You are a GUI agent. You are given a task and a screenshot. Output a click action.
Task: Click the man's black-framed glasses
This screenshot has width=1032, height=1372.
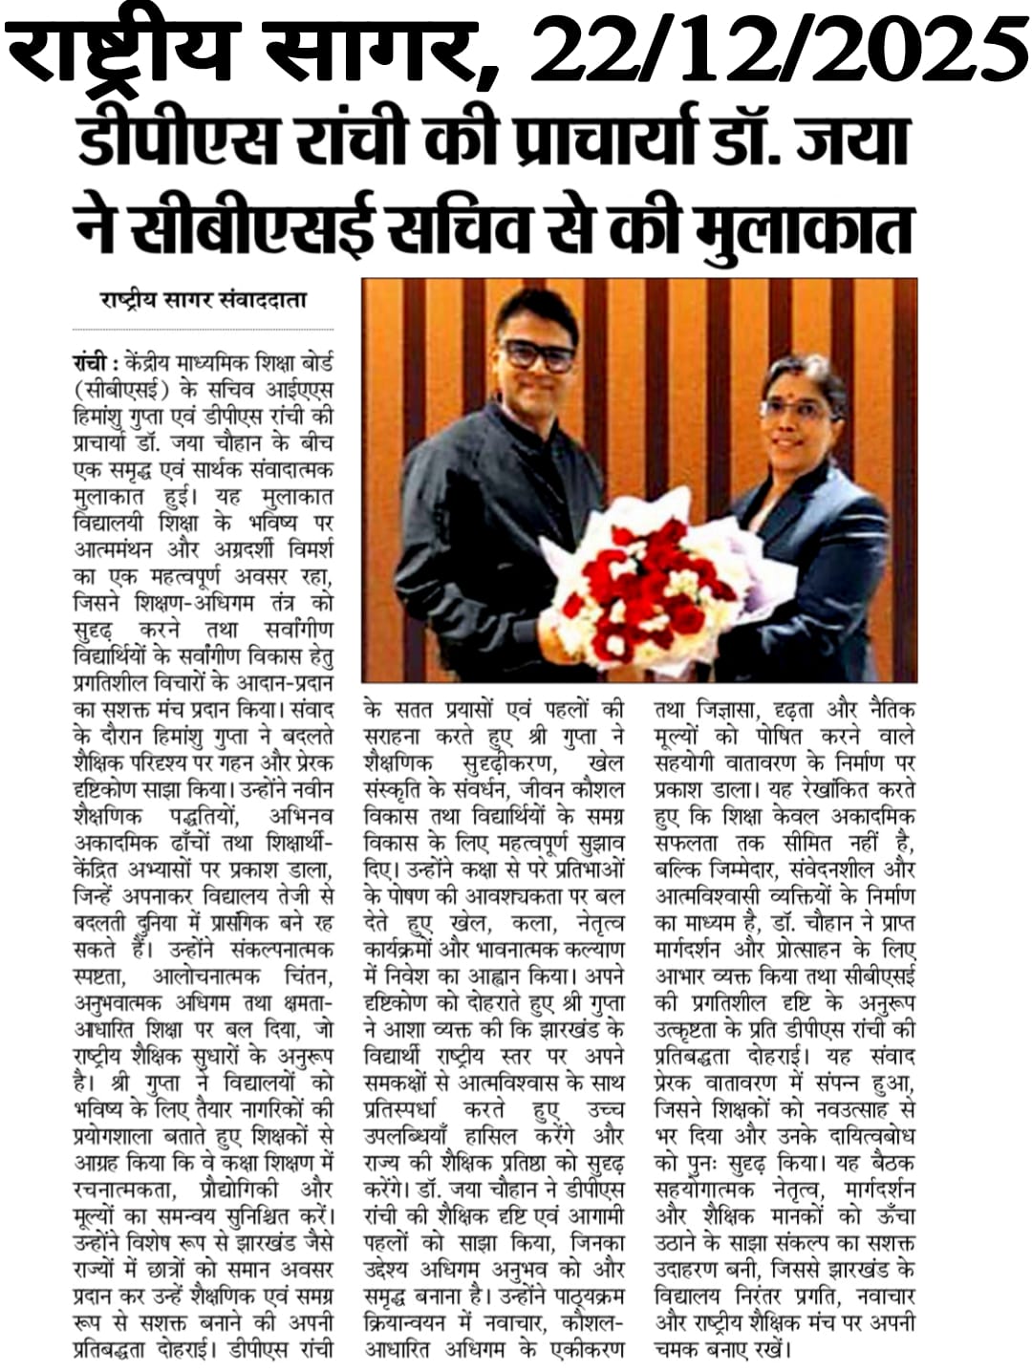538,356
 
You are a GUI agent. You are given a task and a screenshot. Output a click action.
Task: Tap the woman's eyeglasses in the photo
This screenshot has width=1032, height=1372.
797,408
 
